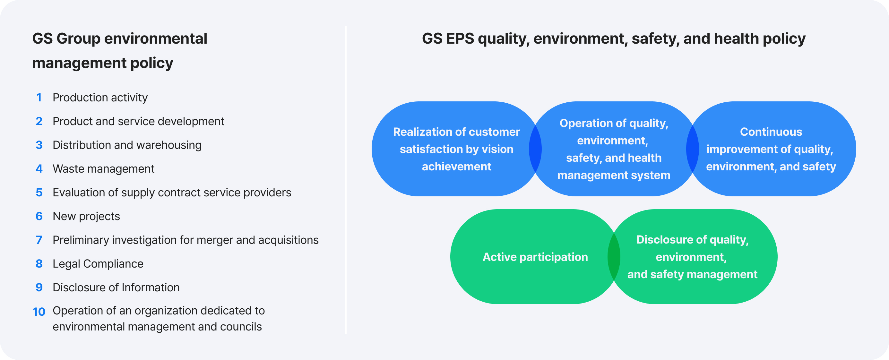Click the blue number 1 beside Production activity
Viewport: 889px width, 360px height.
(x=39, y=98)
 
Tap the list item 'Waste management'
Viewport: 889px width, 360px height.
(x=103, y=169)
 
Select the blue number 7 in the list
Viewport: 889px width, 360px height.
(x=39, y=240)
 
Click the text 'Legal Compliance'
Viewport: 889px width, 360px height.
(x=98, y=264)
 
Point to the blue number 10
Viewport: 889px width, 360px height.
(x=39, y=312)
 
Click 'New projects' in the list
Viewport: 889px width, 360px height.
(x=86, y=216)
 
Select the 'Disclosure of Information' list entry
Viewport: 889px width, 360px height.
(x=116, y=287)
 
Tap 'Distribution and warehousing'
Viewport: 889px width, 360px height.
(x=127, y=145)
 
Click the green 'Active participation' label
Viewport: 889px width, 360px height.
(x=535, y=257)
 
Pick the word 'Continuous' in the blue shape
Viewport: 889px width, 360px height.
(x=771, y=132)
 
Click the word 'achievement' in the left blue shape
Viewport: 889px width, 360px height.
(x=456, y=167)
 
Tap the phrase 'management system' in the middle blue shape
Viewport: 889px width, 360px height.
(x=614, y=175)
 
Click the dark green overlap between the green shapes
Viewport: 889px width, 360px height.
(x=614, y=257)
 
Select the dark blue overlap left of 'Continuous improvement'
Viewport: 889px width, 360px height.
(x=692, y=149)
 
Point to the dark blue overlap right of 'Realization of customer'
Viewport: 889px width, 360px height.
(x=535, y=149)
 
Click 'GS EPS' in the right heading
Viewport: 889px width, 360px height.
(x=448, y=39)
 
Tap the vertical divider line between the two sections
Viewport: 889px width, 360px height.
(x=346, y=179)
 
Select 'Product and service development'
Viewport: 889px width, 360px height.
(x=138, y=122)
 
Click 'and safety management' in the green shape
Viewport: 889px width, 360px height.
(x=692, y=274)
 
